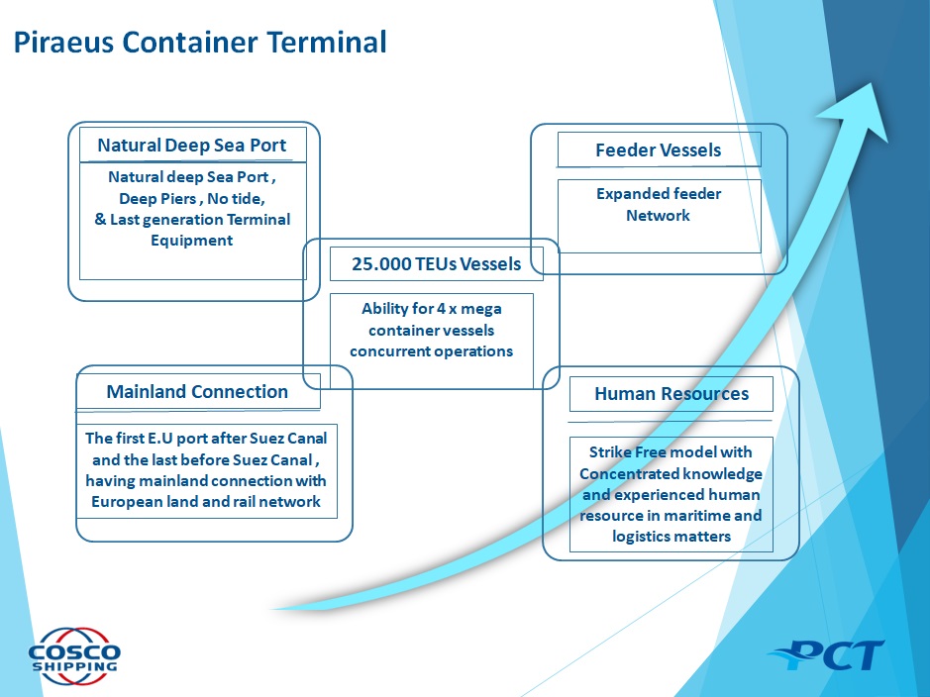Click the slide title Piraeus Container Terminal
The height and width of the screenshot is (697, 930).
[200, 43]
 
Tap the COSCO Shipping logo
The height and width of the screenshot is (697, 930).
[74, 655]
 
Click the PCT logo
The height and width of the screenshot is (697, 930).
[826, 654]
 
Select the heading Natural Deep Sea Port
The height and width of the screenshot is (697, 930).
[191, 146]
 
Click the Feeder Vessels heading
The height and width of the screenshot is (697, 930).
[659, 149]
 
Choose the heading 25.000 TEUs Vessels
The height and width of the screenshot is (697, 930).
[436, 263]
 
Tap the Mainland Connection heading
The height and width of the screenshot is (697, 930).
[197, 392]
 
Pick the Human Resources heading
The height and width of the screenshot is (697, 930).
[672, 393]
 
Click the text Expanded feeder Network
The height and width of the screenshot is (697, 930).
[659, 205]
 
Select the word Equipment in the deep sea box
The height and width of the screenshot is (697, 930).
[191, 241]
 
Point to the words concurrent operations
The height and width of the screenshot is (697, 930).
[431, 351]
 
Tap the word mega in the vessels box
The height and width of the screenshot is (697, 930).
[481, 309]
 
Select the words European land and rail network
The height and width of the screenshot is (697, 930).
[206, 502]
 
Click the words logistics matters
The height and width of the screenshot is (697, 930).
[672, 537]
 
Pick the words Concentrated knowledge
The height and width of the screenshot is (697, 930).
[671, 474]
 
